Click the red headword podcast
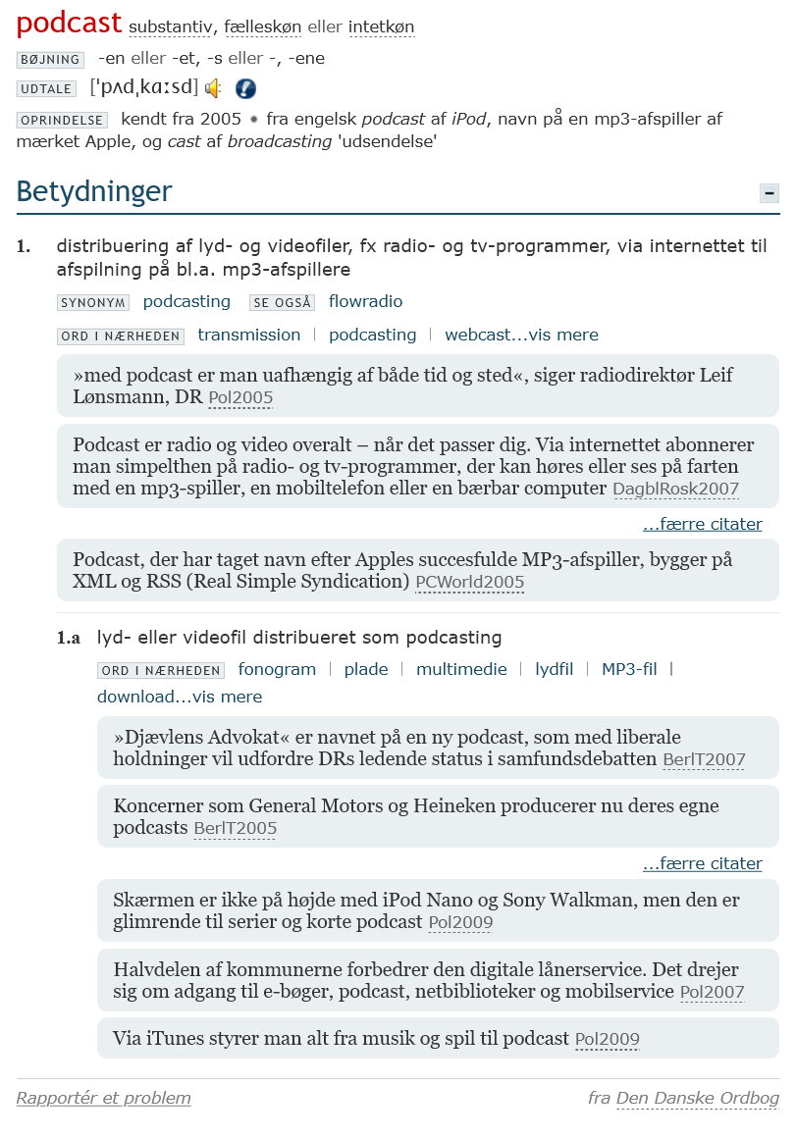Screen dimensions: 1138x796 pos(69,23)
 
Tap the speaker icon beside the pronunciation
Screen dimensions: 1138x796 pos(213,88)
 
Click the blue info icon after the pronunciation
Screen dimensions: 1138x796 pos(245,88)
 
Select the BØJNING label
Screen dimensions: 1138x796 pos(50,60)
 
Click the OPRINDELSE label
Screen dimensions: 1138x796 pos(62,121)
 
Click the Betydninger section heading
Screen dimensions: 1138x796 pos(94,191)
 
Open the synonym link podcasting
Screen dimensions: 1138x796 pos(186,302)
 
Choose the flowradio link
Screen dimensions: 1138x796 pos(365,302)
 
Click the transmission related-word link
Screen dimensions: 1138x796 pos(249,336)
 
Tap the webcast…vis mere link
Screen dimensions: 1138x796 pos(521,336)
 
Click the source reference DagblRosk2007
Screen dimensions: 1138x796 pos(675,490)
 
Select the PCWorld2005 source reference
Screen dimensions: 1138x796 pos(469,583)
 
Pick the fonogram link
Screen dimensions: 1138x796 pos(277,670)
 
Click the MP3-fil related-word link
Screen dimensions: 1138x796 pos(629,670)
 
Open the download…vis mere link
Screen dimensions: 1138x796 pos(180,698)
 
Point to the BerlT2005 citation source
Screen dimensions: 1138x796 pos(235,829)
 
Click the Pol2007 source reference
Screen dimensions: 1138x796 pos(712,993)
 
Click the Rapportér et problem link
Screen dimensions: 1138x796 pos(104,1099)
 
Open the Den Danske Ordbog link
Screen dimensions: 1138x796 pos(698,1099)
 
